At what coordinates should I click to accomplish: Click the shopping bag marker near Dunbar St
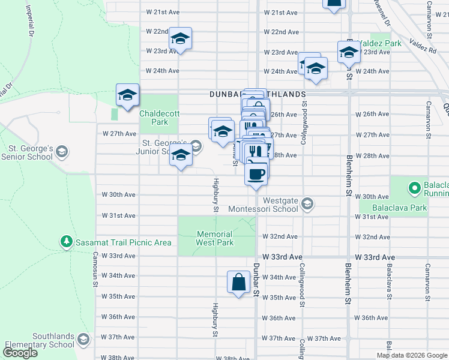pos(238,281)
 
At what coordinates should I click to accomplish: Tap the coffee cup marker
pos(256,174)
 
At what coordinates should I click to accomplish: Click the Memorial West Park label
pos(214,238)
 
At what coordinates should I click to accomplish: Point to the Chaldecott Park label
pos(154,117)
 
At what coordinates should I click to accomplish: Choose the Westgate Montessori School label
pos(264,205)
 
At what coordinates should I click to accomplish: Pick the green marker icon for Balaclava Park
pos(414,188)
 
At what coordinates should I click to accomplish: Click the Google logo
pos(20,353)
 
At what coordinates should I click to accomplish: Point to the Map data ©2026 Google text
pos(412,355)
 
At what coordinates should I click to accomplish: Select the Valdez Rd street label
pos(423,46)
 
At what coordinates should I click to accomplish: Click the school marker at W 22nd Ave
pos(179,39)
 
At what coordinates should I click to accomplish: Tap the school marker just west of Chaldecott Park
pos(127,95)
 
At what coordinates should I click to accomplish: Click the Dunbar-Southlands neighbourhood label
pos(258,94)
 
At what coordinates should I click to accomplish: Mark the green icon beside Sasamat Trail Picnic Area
pos(66,242)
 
